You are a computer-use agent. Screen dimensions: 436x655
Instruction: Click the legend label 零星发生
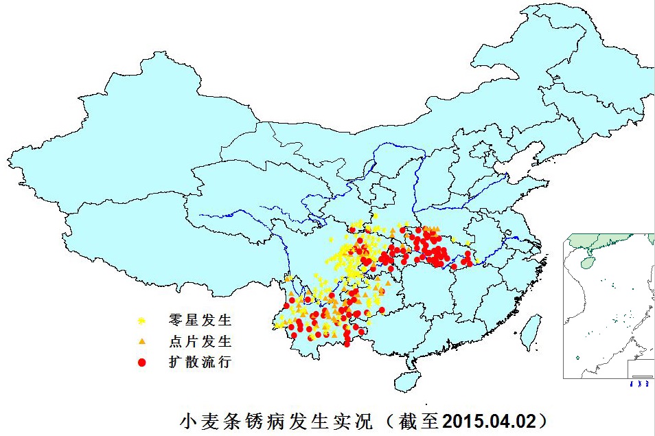coord(200,321)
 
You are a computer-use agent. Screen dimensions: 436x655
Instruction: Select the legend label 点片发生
coord(200,341)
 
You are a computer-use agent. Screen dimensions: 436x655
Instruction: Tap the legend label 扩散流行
coord(200,362)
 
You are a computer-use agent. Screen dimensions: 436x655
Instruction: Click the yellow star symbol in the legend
coord(141,321)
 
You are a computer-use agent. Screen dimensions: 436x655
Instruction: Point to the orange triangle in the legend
coord(141,341)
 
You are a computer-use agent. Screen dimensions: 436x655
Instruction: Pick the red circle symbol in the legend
coord(141,362)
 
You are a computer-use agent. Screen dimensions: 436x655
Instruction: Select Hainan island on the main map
coord(406,382)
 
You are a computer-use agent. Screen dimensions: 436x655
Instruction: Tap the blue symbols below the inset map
coord(641,384)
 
